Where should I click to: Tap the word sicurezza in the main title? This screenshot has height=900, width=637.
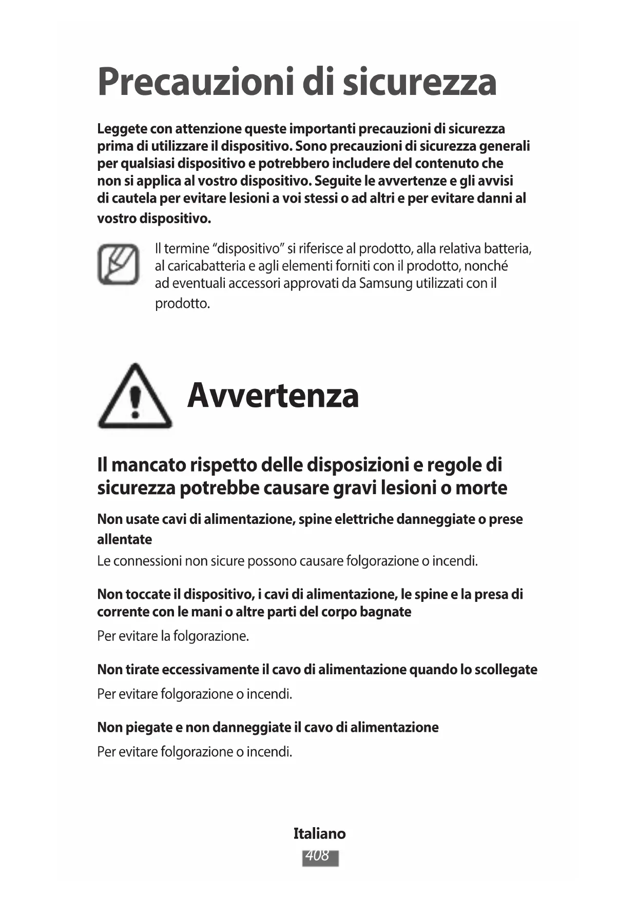[419, 82]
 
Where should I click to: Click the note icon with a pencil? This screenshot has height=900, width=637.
[119, 264]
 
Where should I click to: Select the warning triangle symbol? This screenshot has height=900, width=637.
[135, 397]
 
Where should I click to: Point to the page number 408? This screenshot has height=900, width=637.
[319, 855]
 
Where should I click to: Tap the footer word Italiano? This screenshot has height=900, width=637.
[319, 834]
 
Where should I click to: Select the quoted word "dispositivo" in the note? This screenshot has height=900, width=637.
[249, 249]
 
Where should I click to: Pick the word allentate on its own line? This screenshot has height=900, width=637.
[125, 539]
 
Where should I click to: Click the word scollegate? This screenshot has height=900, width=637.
[506, 670]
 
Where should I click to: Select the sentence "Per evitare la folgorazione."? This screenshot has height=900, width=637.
[173, 636]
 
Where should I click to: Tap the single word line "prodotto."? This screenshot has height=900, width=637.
[183, 303]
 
